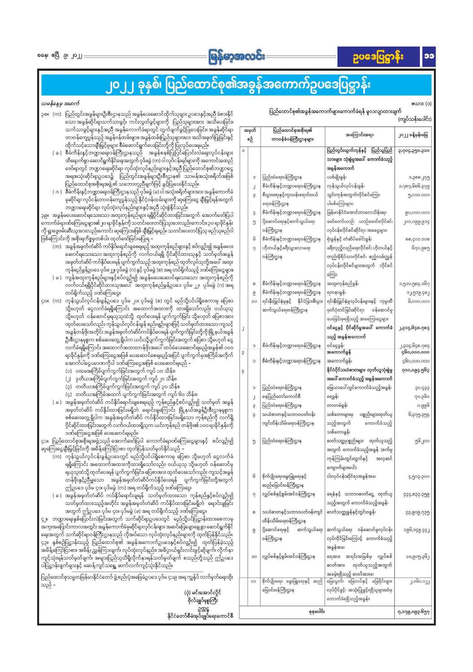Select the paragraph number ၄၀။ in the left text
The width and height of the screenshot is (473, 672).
tap(44, 288)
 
